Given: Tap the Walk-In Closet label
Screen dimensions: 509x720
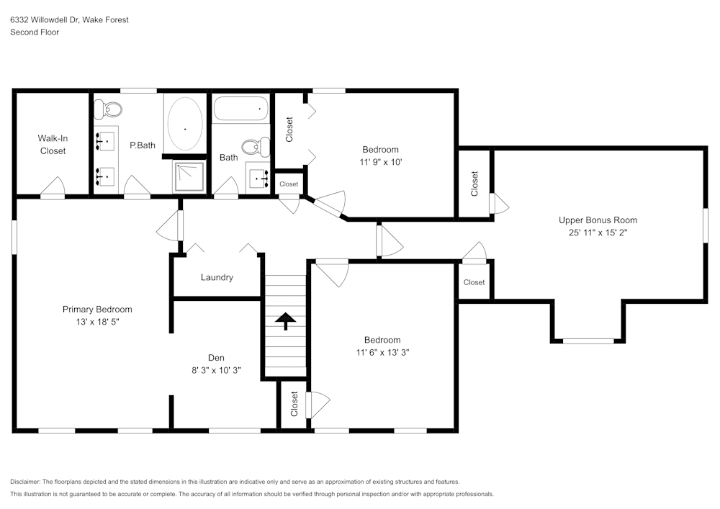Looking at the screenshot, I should (x=53, y=145).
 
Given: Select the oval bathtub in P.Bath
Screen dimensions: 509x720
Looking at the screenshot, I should (x=185, y=124).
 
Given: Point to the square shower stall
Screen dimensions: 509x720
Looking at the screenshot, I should (x=189, y=176).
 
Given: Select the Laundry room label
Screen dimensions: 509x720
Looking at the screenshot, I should (x=217, y=277).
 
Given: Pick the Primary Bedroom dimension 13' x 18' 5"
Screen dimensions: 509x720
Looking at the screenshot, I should (x=97, y=322).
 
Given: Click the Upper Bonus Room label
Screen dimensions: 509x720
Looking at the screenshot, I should (x=598, y=220).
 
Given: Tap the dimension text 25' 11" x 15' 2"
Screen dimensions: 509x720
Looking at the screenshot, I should (x=598, y=233).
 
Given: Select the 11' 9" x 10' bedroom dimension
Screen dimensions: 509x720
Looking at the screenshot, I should (x=381, y=162).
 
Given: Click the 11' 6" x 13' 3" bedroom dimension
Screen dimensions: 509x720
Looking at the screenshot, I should (x=382, y=352).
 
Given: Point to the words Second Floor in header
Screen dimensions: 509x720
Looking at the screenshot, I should (x=35, y=32).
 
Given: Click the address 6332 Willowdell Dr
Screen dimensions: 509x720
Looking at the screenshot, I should (x=44, y=20).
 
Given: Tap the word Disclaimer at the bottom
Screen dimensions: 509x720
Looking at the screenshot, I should (x=25, y=482).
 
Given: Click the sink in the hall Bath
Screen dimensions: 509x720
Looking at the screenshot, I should (x=258, y=176).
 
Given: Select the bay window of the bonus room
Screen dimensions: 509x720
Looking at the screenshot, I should (x=588, y=340).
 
